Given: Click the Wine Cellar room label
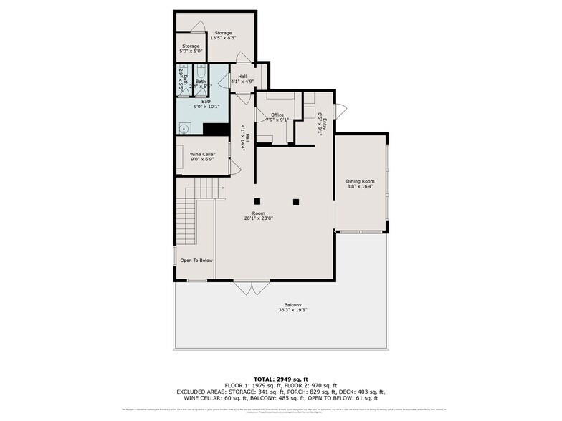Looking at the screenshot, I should (202, 154).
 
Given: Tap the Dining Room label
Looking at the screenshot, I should (361, 182).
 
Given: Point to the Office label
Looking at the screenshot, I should (277, 115).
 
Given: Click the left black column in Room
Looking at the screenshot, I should (256, 200).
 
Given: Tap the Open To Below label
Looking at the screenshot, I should (196, 261).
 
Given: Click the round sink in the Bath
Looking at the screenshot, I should (184, 130).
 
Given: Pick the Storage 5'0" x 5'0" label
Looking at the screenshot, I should (190, 49).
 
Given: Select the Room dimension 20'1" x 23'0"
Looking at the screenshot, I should (258, 218).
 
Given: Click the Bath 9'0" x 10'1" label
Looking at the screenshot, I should (206, 104).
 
